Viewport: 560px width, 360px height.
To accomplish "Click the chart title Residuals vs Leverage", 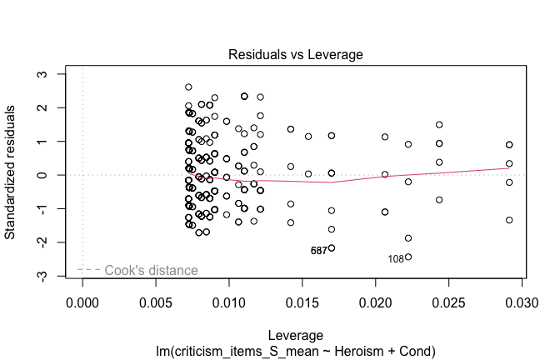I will click(x=296, y=55).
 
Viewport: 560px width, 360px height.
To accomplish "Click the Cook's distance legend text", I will click(x=151, y=271).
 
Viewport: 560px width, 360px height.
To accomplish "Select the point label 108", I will click(x=396, y=259).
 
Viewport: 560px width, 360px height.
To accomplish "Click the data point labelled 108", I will click(x=408, y=257).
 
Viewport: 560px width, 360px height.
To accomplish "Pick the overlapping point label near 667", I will click(x=318, y=251).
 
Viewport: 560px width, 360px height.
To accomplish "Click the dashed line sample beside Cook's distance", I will click(x=88, y=270).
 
